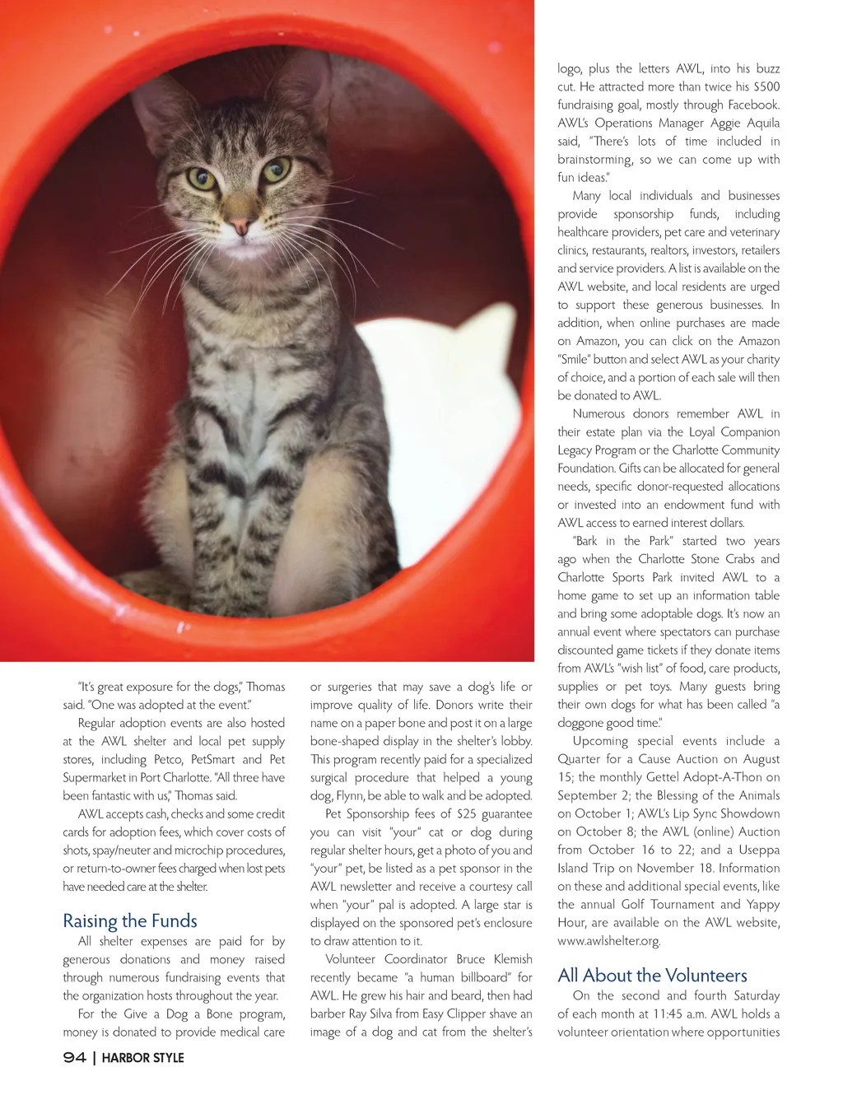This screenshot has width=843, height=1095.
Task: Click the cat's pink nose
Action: coord(240,225)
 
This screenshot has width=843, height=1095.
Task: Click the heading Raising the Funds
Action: coord(130,920)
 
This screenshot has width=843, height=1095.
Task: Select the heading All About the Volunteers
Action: coord(652,976)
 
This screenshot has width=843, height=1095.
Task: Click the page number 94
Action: coord(74,1058)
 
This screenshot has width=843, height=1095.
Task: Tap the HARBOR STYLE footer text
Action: coord(142,1058)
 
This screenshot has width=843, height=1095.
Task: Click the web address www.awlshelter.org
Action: coord(608,940)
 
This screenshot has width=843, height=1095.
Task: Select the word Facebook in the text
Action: coord(750,105)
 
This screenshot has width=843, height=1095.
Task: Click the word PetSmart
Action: coord(213,759)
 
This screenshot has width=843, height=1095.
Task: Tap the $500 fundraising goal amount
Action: coord(766,86)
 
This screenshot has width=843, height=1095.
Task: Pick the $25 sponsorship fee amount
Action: coord(466,813)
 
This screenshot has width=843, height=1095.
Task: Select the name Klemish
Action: coord(513,959)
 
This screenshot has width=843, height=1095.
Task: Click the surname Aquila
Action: coord(763,123)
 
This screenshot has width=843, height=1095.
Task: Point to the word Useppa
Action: coord(758,850)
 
